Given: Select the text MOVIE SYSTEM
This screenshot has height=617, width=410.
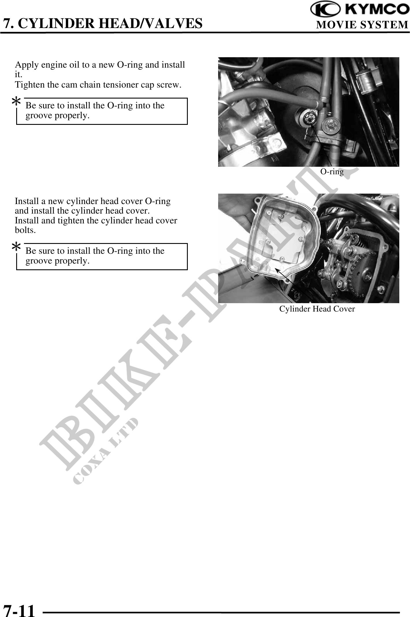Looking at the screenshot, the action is click(362, 25).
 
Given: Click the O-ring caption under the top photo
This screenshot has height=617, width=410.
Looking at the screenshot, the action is click(332, 172).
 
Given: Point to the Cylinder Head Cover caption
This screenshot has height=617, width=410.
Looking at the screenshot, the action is click(317, 309).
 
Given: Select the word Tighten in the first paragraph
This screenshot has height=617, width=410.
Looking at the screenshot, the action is click(30, 85).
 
